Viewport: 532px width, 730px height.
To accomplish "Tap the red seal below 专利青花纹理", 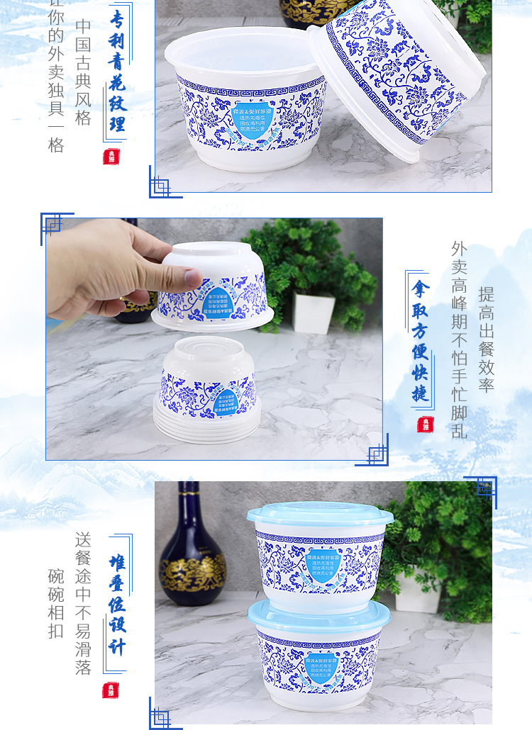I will coord(111,157).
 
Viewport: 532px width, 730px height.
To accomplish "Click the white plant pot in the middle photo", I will coord(314,313).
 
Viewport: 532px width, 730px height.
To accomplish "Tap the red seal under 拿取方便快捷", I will coord(425,424).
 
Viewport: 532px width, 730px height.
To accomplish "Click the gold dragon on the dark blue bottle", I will coord(192,571).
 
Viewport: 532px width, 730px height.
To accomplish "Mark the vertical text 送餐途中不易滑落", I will coord(84,602).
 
